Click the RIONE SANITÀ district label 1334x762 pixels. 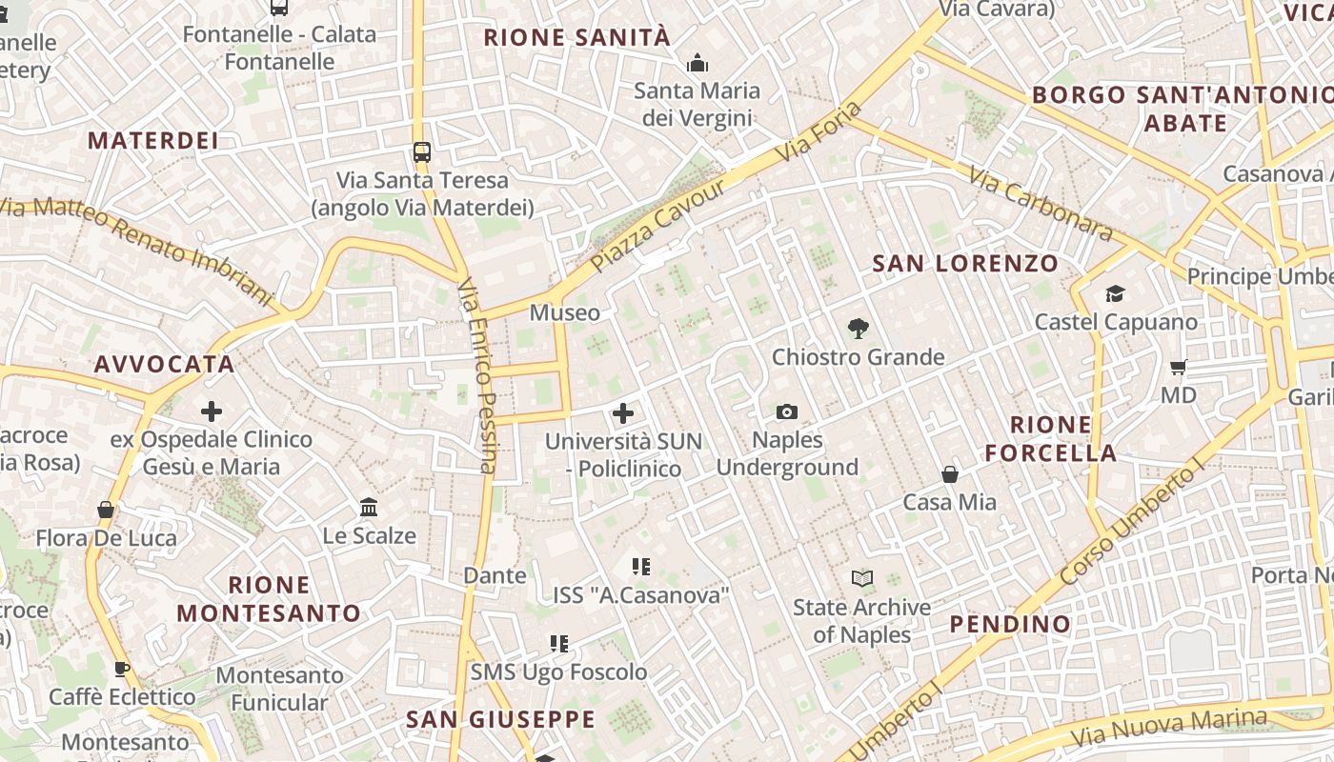point(577,38)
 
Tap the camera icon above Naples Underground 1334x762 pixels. point(787,411)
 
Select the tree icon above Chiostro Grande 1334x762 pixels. point(858,329)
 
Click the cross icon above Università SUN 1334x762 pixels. point(623,412)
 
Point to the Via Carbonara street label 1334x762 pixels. point(1041,204)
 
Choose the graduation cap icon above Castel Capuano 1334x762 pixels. point(1115,293)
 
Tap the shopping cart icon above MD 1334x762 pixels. point(1179,367)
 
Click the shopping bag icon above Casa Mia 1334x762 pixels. point(950,473)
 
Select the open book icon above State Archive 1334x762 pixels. point(862,578)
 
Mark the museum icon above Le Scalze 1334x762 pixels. point(369,507)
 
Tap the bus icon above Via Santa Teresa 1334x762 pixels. point(422,151)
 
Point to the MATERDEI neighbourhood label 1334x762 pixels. point(153,140)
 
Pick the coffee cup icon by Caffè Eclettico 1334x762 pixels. point(122,669)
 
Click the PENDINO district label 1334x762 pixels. point(1010,624)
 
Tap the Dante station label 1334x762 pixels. point(495,575)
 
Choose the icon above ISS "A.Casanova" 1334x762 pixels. point(641,567)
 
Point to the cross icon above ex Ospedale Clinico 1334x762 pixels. point(212,411)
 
